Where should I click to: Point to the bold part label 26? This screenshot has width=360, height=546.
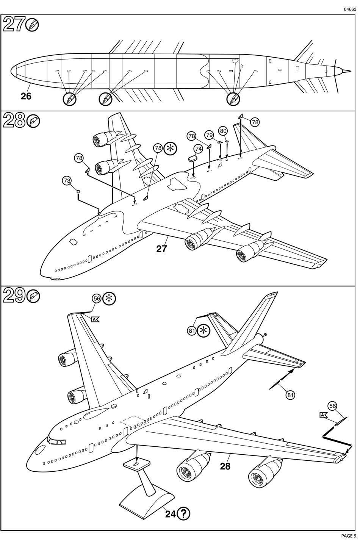pyautogui.click(x=26, y=96)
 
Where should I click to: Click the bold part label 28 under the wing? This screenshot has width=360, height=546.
pyautogui.click(x=225, y=466)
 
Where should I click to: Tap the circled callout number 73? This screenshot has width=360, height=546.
pyautogui.click(x=67, y=181)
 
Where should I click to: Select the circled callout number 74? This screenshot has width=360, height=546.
pyautogui.click(x=198, y=149)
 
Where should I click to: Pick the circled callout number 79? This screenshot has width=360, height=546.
pyautogui.click(x=209, y=135)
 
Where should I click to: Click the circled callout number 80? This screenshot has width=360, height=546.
pyautogui.click(x=223, y=131)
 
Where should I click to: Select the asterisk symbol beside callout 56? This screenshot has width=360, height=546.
pyautogui.click(x=110, y=299)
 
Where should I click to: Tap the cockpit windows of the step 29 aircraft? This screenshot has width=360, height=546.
pyautogui.click(x=56, y=441)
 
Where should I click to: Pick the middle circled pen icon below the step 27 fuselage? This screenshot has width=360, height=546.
pyautogui.click(x=106, y=99)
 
